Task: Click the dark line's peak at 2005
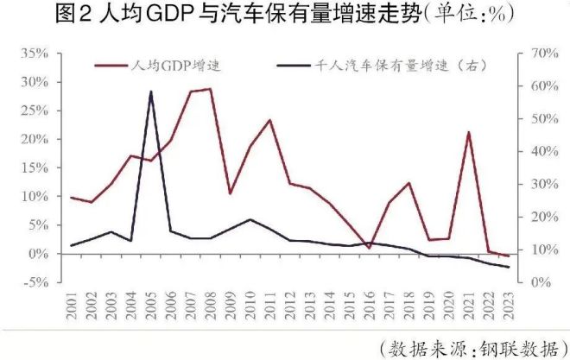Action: click(151, 91)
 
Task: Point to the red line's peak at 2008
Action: click(210, 88)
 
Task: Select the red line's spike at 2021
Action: click(468, 132)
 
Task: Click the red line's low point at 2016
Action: click(369, 248)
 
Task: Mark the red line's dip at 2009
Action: click(230, 193)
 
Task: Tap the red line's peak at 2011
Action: click(269, 120)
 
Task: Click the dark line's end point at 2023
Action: click(508, 267)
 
